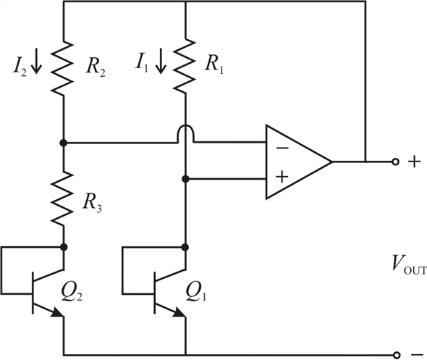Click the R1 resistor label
pyautogui.click(x=214, y=65)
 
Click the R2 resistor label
pyautogui.click(x=96, y=67)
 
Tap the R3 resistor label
pyautogui.click(x=93, y=204)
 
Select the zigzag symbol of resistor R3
pyautogui.click(x=63, y=198)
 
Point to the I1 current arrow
pyautogui.click(x=161, y=61)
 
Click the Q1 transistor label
pyautogui.click(x=195, y=292)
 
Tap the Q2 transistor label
pyautogui.click(x=72, y=292)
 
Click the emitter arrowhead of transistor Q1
pyautogui.click(x=179, y=312)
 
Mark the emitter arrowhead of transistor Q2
pyautogui.click(x=57, y=312)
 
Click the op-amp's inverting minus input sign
pyautogui.click(x=282, y=148)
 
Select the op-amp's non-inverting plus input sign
pyautogui.click(x=282, y=177)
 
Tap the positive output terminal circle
pyautogui.click(x=395, y=162)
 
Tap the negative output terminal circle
pyautogui.click(x=397, y=355)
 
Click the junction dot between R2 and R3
pyautogui.click(x=64, y=143)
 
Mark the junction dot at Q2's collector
pyautogui.click(x=64, y=247)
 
